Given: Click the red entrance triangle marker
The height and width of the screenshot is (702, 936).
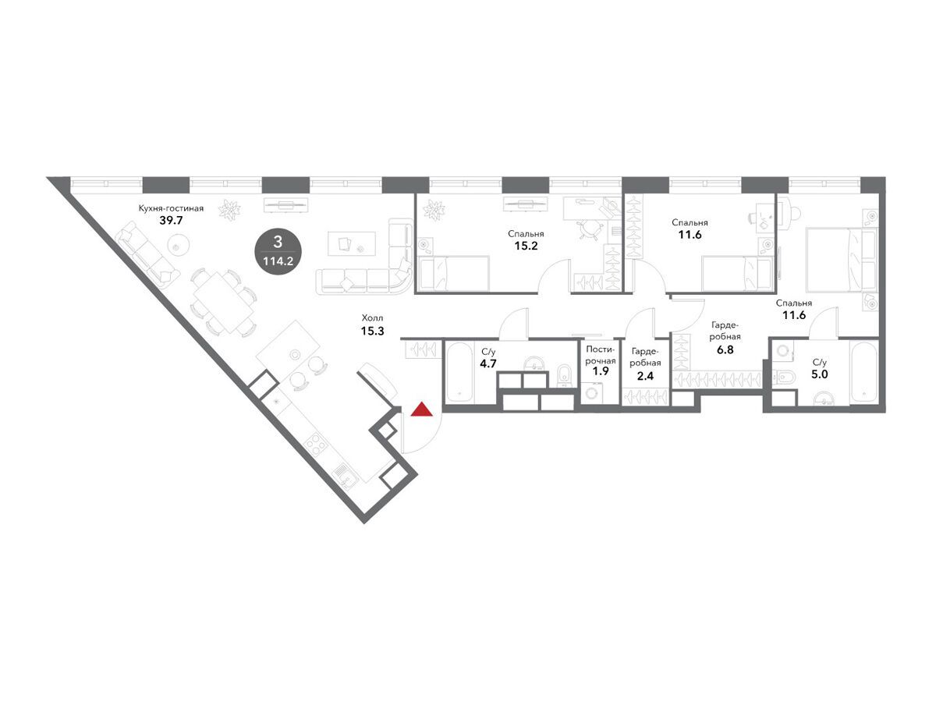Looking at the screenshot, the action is [421, 409].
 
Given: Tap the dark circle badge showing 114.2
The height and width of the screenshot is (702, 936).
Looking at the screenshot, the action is [278, 251].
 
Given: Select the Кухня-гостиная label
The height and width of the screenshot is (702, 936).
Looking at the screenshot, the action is [171, 208].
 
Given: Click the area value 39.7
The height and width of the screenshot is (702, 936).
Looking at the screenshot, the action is [171, 221].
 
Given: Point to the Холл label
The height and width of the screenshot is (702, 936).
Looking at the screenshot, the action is [372, 318].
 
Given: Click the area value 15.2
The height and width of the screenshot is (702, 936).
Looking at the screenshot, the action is [526, 246].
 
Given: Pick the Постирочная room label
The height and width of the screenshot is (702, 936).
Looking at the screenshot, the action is [600, 355].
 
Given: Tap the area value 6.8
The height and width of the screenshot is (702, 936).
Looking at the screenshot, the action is [725, 350].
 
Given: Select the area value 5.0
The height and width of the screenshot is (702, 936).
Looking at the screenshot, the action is [820, 374].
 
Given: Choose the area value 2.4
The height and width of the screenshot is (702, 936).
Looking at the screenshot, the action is [645, 377].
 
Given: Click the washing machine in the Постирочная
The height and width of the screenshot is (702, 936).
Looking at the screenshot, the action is [591, 392].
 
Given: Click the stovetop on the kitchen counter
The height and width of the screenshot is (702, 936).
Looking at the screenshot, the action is [316, 445].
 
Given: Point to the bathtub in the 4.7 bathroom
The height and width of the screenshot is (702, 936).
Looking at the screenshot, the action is [459, 372].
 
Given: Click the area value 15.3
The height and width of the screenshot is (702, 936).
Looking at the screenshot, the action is [372, 331].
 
